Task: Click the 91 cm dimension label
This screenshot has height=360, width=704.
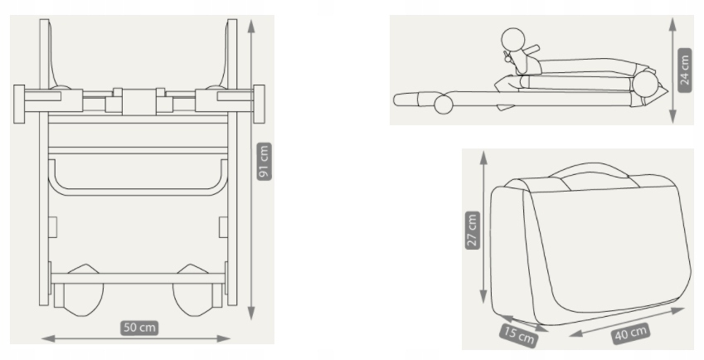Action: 265,161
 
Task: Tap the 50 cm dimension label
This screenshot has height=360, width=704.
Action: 139,328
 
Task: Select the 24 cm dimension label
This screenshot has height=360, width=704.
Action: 684,70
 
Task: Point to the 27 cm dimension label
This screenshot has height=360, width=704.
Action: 473,231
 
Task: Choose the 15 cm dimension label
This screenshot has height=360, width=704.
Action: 519,335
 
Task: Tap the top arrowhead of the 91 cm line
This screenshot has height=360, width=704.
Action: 251,26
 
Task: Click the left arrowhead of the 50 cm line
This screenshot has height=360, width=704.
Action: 48,338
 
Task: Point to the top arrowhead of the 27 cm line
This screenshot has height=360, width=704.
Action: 483,158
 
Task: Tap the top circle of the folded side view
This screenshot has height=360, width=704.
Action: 513,39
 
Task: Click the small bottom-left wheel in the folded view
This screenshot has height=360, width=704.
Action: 443,105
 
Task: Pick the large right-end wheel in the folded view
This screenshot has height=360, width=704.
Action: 645,84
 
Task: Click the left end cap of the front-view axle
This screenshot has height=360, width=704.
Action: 19,104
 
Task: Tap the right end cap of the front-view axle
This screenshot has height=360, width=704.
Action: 259,104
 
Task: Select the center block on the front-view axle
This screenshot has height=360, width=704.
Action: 138,101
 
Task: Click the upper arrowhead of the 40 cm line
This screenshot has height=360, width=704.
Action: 677,310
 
